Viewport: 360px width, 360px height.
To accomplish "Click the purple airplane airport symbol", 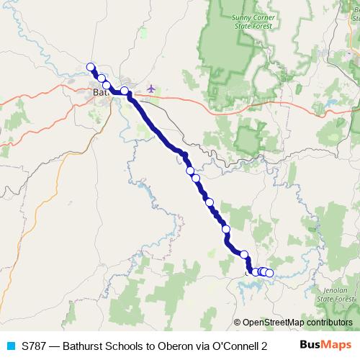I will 150,89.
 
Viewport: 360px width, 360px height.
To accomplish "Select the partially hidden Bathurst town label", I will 99,92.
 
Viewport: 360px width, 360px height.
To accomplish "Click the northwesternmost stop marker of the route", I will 91,67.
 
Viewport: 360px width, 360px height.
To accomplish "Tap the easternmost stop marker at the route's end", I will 269,273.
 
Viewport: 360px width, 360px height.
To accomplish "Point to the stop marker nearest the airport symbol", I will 125,91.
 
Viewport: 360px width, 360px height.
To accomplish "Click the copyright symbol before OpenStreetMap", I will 237,323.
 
